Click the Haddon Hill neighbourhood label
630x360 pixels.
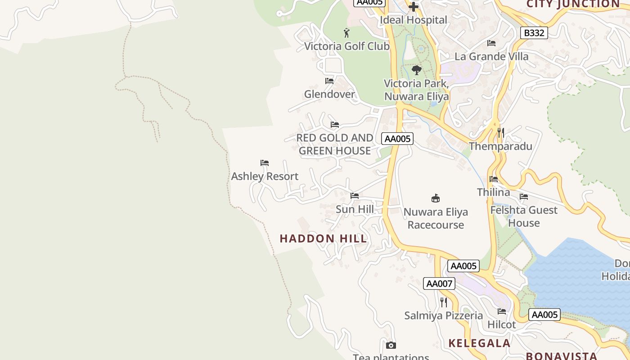click(323, 238)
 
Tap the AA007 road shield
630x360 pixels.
click(439, 283)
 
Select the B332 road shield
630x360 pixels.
click(534, 33)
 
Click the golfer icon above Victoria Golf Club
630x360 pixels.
click(346, 33)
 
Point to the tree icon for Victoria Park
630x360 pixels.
click(417, 70)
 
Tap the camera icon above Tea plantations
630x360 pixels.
click(391, 345)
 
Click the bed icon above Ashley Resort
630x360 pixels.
click(265, 163)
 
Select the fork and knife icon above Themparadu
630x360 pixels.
click(500, 133)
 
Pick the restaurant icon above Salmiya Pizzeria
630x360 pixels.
click(444, 302)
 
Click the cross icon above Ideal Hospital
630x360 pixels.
click(413, 7)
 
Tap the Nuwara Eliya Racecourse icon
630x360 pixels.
click(435, 198)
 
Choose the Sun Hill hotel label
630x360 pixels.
click(355, 209)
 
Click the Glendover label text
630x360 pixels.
click(329, 94)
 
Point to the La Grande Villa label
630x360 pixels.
click(491, 57)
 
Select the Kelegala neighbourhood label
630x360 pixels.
click(479, 343)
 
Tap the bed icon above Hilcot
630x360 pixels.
click(502, 311)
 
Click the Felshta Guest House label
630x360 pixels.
click(524, 216)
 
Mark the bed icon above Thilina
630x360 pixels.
click(494, 179)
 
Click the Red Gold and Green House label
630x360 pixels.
click(335, 144)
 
